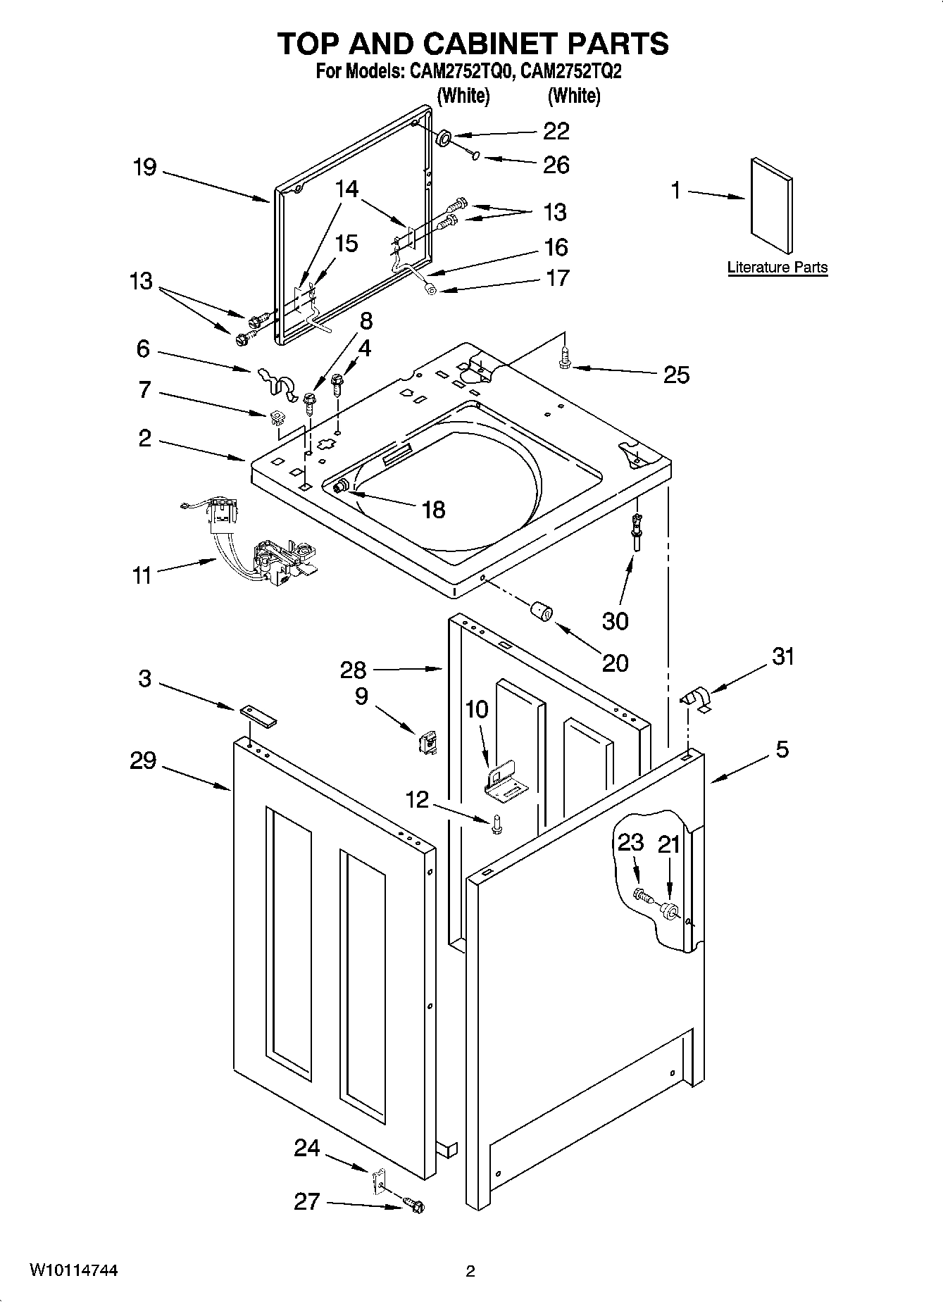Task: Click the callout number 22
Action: click(x=556, y=131)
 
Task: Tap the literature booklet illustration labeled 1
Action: click(x=771, y=205)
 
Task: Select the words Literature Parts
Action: click(x=777, y=268)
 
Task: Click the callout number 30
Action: click(x=615, y=621)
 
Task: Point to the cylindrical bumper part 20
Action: click(x=542, y=611)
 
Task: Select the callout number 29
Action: click(x=143, y=761)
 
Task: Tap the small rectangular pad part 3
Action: click(x=258, y=716)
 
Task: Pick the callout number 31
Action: click(x=783, y=656)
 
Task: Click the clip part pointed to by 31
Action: click(x=697, y=700)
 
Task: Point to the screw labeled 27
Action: click(x=413, y=1206)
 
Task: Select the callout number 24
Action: click(x=306, y=1148)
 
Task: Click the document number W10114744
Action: click(x=73, y=1270)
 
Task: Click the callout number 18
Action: click(x=434, y=509)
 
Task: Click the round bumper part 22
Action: click(x=445, y=137)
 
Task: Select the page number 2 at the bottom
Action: click(x=470, y=1272)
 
